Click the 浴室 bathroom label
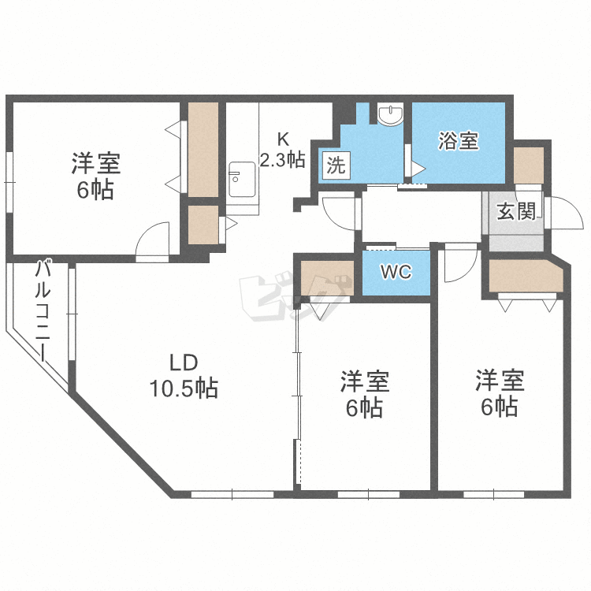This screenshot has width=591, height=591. (459, 141)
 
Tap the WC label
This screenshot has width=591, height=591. (396, 271)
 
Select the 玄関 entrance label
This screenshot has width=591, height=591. (516, 211)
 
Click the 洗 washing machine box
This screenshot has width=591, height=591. (336, 165)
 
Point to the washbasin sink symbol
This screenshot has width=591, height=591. (391, 115)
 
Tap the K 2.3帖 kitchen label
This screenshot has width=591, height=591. (283, 150)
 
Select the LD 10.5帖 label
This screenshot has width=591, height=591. (184, 376)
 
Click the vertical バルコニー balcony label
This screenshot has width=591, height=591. (43, 311)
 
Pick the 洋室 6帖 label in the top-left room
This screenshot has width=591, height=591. (96, 176)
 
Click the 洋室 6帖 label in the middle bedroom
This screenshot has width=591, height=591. (365, 394)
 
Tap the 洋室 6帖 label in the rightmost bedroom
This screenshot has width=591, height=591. (500, 393)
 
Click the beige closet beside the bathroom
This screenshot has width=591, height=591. (529, 165)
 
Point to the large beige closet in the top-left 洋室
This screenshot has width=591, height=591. (203, 150)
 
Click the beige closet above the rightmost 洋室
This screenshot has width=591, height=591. (526, 276)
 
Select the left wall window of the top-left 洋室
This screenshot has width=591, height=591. (9, 183)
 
